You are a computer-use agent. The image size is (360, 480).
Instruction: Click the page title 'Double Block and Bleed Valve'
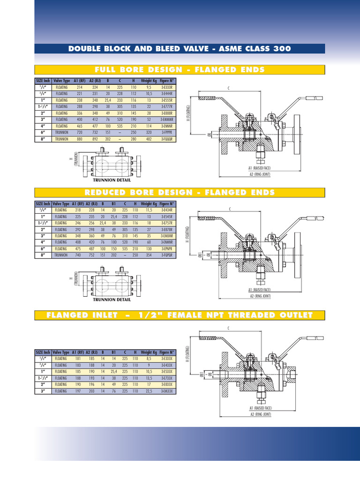tap(180, 49)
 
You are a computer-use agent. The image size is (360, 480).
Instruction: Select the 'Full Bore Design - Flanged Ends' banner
tap(180, 70)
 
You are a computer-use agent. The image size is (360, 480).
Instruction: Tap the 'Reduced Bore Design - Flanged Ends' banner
tap(180, 193)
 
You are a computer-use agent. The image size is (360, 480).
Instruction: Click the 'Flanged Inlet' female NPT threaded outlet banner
tap(180, 315)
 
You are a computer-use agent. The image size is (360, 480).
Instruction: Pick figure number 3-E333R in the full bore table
tap(166, 87)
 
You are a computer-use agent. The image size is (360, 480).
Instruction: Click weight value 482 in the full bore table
tap(149, 139)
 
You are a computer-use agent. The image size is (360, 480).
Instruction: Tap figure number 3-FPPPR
tap(166, 133)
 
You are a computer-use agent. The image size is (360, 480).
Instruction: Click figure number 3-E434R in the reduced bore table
tap(167, 210)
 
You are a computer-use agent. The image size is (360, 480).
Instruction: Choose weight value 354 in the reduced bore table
tap(149, 255)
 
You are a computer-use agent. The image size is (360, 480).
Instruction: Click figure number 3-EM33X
tap(167, 390)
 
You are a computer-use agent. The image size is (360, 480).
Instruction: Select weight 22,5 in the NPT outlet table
tap(149, 390)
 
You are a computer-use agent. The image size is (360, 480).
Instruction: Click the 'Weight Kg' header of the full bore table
tap(149, 81)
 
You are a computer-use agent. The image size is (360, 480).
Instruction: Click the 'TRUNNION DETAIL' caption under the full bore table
tap(112, 180)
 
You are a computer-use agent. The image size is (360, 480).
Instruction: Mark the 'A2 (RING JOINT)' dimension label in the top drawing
tap(260, 174)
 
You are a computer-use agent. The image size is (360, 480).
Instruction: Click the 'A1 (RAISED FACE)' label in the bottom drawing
tap(260, 408)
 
